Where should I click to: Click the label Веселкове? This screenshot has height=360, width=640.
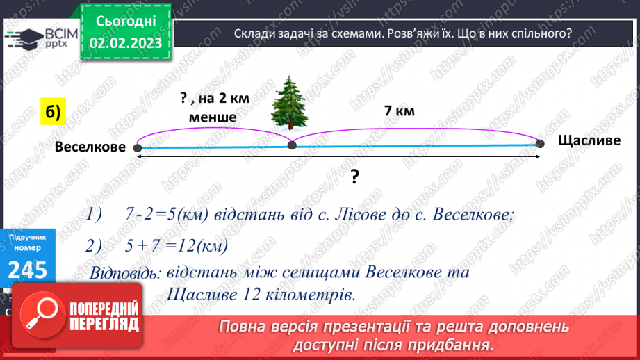pyautogui.click(x=90, y=147)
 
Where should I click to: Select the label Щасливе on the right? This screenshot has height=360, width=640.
pyautogui.click(x=589, y=141)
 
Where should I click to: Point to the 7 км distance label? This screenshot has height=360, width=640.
pyautogui.click(x=399, y=111)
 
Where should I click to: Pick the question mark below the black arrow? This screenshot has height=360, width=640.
pyautogui.click(x=354, y=178)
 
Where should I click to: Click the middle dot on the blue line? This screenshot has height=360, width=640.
pyautogui.click(x=292, y=145)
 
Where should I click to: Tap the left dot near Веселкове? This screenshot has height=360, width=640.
pyautogui.click(x=138, y=148)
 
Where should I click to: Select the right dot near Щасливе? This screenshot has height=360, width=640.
pyautogui.click(x=541, y=144)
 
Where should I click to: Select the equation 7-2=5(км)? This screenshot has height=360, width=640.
pyautogui.click(x=160, y=215)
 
